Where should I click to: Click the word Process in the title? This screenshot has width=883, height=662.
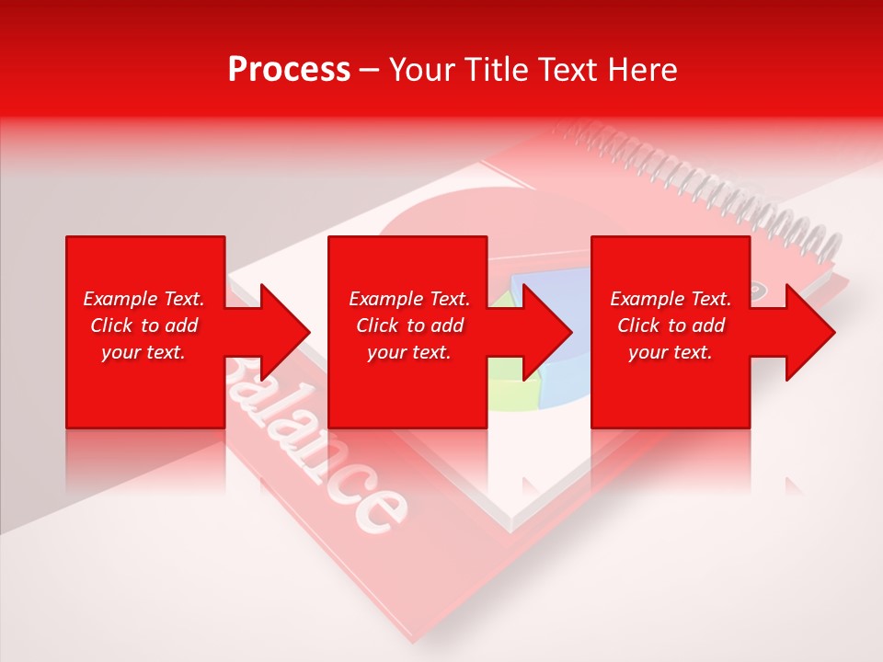(x=289, y=70)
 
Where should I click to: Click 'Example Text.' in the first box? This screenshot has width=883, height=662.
(x=143, y=299)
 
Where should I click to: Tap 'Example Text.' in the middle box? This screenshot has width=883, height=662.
(x=409, y=299)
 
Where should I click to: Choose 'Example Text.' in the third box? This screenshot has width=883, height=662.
(x=671, y=299)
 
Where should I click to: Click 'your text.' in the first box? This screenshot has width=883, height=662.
(x=143, y=352)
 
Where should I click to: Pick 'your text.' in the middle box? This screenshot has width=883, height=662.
(x=409, y=352)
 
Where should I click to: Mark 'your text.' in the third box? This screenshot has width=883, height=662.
(x=671, y=352)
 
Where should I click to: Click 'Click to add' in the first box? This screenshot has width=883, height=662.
(x=143, y=325)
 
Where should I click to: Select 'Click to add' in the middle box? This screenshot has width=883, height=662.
(x=409, y=325)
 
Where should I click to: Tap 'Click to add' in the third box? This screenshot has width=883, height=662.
(x=671, y=325)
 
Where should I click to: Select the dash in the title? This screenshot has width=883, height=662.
(x=369, y=71)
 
